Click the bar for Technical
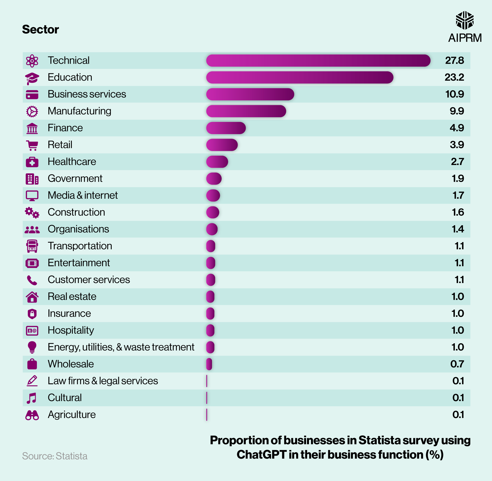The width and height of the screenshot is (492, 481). [318, 61]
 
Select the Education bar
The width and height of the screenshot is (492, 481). [299, 77]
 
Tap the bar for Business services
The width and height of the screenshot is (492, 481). [250, 94]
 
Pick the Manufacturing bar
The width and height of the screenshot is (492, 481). [246, 111]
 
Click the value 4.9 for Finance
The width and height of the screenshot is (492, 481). [457, 128]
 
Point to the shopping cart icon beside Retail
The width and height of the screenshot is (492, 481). [32, 145]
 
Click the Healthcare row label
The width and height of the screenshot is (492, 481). [72, 162]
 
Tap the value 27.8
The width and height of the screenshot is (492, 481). [454, 60]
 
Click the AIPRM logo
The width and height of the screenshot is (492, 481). [465, 27]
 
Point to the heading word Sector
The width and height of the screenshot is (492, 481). [40, 30]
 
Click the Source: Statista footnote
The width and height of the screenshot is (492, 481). [55, 456]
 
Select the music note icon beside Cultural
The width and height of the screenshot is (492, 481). [32, 398]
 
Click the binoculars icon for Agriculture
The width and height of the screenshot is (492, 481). [32, 415]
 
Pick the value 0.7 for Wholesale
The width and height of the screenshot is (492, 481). [457, 364]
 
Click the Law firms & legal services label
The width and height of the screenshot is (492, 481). [103, 381]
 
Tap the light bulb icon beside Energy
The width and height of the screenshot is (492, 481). [32, 347]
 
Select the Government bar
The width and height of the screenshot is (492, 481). [214, 179]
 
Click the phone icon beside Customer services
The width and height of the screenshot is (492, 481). [32, 280]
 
